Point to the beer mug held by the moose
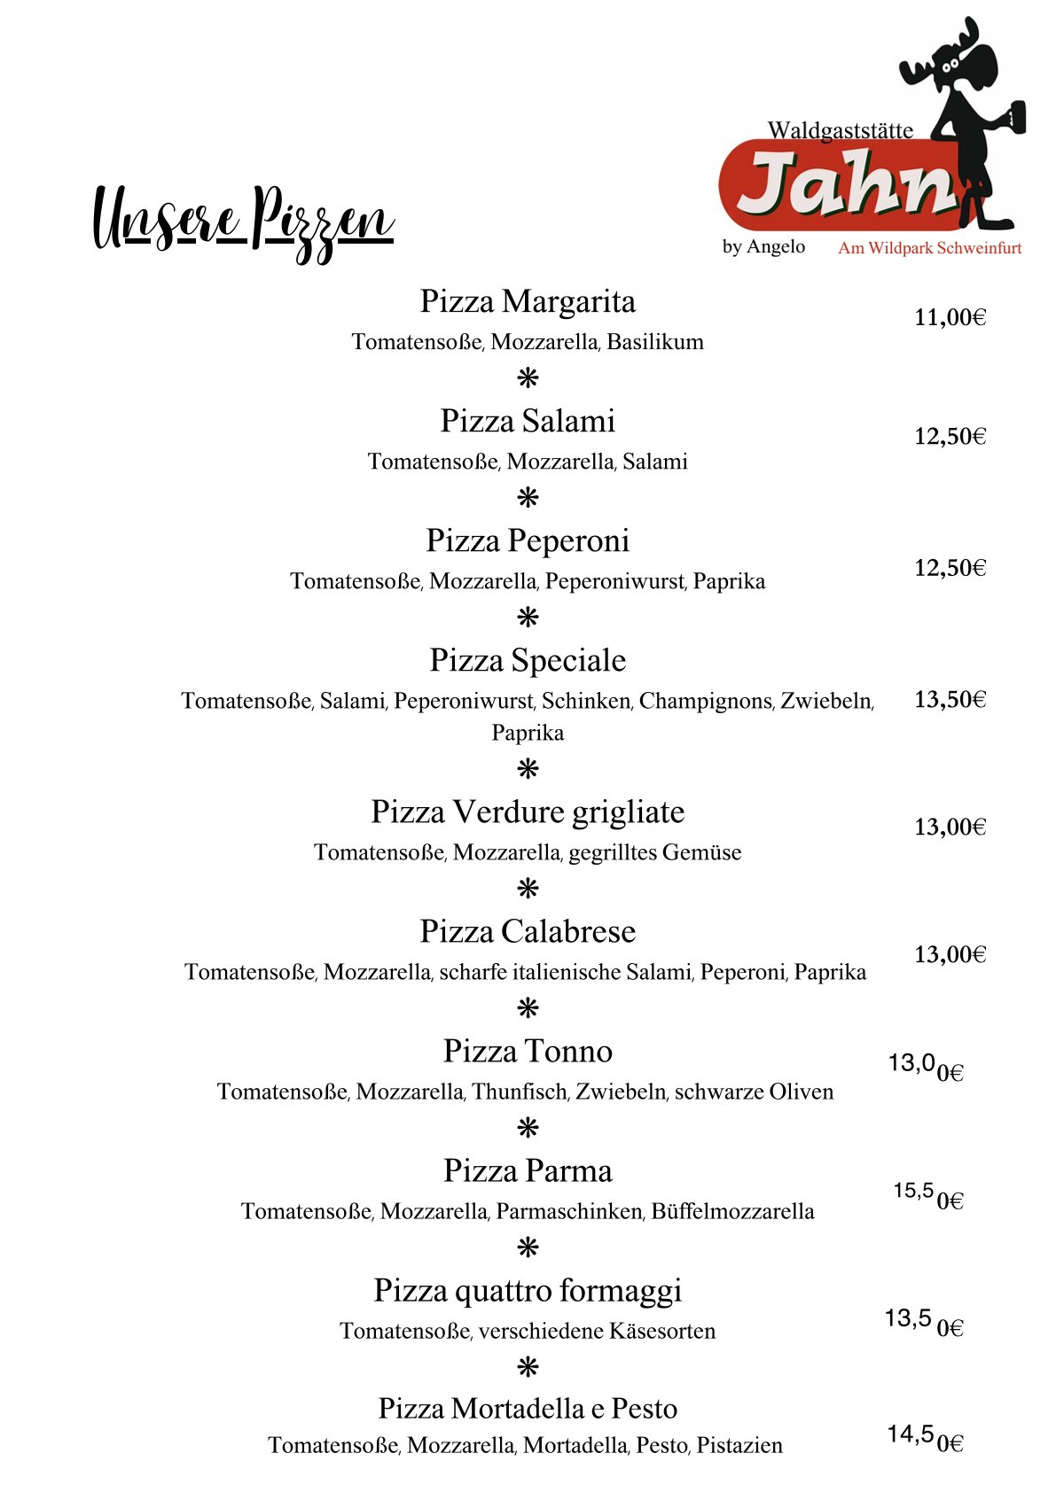[1014, 116]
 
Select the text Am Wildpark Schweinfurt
[929, 248]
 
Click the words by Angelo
[763, 246]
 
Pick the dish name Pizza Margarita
[528, 302]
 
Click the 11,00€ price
[950, 317]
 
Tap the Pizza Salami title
[528, 421]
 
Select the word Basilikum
[655, 342]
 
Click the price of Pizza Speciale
[950, 699]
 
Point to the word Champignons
[706, 701]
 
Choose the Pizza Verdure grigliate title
[528, 812]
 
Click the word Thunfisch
[520, 1092]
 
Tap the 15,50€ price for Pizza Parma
[927, 1195]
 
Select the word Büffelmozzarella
[732, 1211]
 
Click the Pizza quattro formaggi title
[528, 1291]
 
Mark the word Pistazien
[739, 1446]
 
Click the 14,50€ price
[925, 1438]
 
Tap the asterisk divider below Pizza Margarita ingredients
[528, 379]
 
